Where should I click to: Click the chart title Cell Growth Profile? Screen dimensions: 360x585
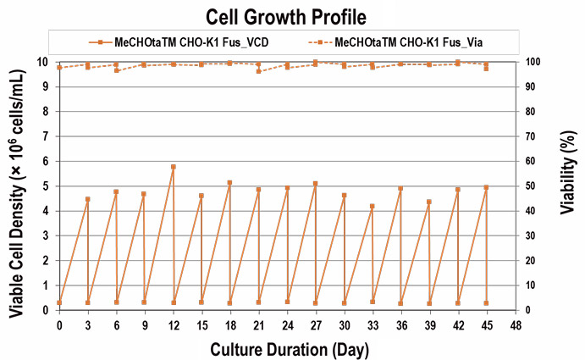pos(292,15)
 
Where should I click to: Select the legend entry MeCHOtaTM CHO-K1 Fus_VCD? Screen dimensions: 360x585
pos(185,42)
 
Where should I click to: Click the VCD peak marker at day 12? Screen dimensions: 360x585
pos(174,167)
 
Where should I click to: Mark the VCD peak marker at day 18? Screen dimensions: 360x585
pos(229,183)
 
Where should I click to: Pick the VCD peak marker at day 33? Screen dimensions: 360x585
pos(373,207)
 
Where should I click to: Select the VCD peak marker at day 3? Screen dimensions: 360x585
pos(88,199)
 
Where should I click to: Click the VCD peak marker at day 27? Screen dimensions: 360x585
pos(315,184)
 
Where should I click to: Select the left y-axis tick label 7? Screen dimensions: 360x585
pos(47,136)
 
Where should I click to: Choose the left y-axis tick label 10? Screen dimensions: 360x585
pos(45,62)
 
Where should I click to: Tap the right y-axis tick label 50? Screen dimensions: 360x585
pos(529,186)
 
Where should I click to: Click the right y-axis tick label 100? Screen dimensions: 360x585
pos(532,62)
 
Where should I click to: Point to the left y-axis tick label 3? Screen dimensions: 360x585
pos(47,235)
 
